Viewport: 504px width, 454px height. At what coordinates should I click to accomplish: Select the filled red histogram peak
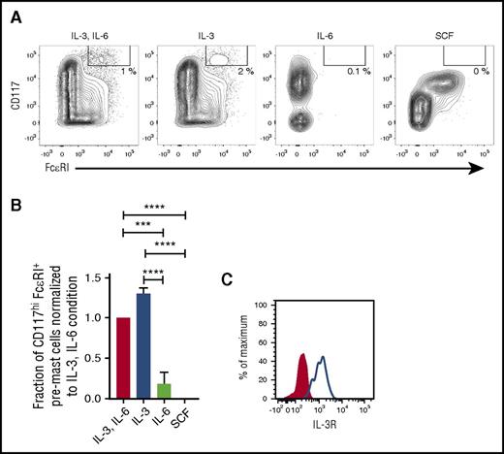coord(300,378)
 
